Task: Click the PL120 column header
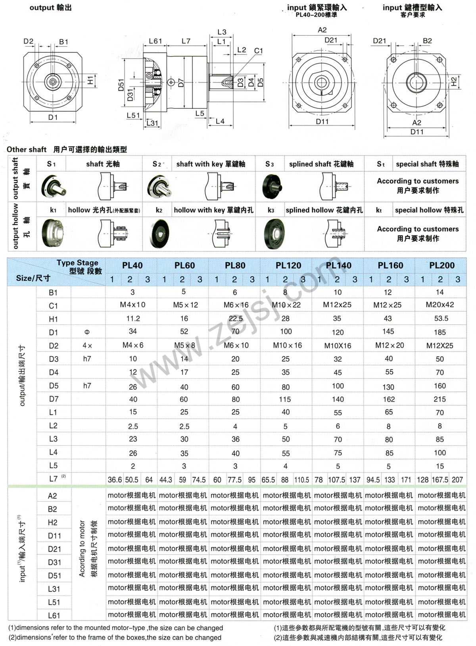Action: click(x=288, y=265)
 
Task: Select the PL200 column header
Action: click(x=442, y=265)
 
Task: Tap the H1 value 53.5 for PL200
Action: click(x=441, y=318)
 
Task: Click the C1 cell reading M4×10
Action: click(x=132, y=305)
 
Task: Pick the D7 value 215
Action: click(x=440, y=399)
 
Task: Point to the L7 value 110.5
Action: click(x=301, y=480)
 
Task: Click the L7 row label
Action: click(x=54, y=479)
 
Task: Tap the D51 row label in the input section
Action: click(x=54, y=575)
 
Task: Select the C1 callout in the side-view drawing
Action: click(x=258, y=51)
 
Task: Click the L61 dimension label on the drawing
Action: click(x=155, y=41)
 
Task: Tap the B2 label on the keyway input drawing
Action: click(x=427, y=41)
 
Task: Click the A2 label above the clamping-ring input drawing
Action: click(x=322, y=30)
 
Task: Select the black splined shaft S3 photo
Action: click(x=273, y=186)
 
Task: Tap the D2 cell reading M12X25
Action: click(x=440, y=346)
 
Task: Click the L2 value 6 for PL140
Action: click(x=338, y=426)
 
